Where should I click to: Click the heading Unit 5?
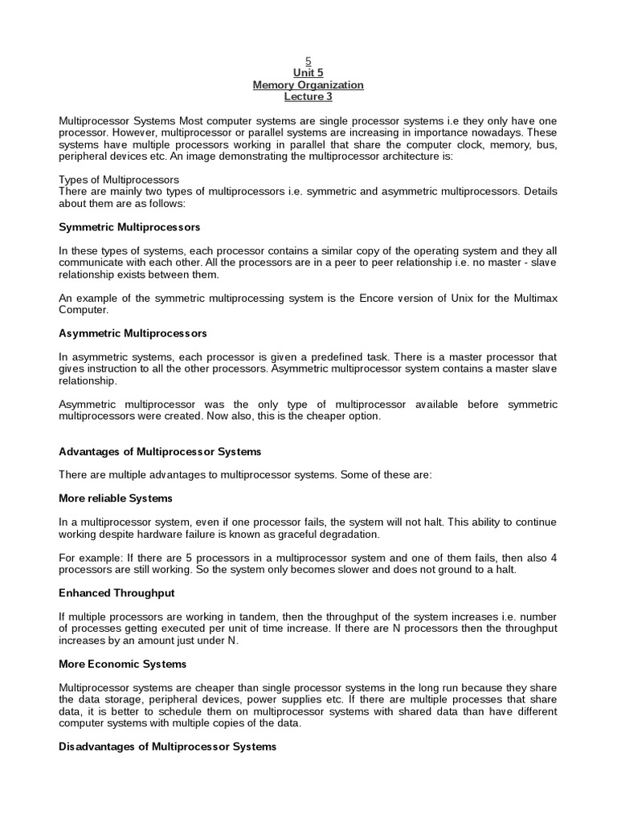(x=308, y=72)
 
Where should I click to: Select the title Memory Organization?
(x=308, y=84)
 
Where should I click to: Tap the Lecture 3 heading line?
(x=308, y=96)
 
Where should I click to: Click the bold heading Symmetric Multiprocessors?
(x=129, y=227)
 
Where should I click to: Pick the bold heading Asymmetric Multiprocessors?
(x=133, y=332)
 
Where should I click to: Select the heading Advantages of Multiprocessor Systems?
(x=160, y=452)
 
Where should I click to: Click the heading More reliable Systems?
(x=116, y=498)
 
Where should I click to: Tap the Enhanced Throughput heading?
(x=116, y=592)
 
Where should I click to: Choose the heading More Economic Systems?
(x=122, y=664)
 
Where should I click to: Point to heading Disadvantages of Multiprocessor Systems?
(x=167, y=747)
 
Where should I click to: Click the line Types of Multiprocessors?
(x=119, y=179)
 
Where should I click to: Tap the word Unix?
(x=464, y=299)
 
